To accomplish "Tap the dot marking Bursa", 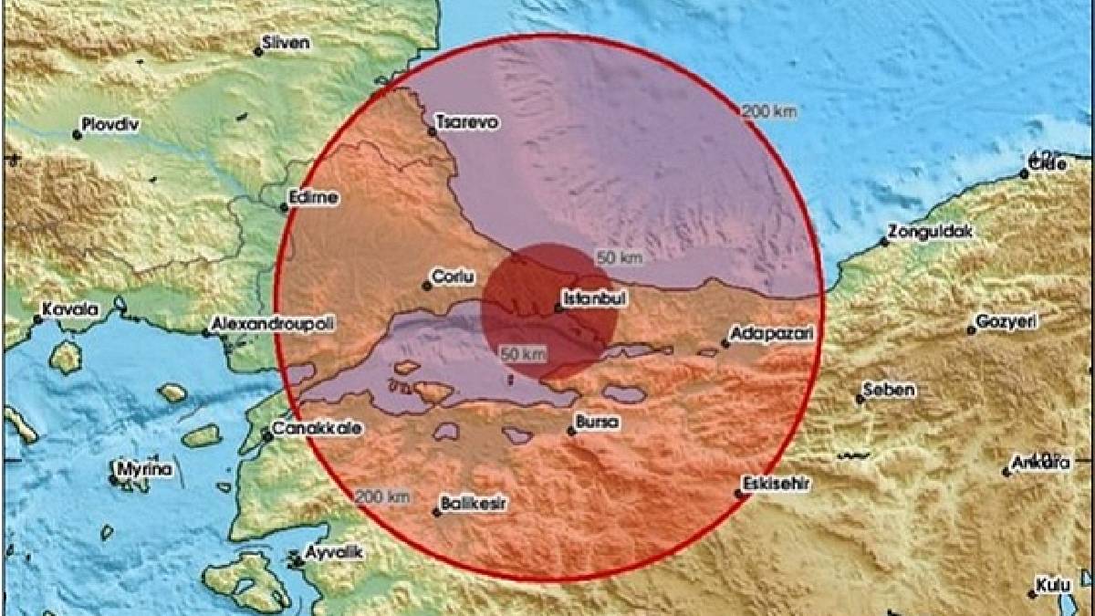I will [571, 432].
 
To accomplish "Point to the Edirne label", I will [313, 197].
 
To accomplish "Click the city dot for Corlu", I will [426, 286].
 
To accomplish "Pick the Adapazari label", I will [772, 334].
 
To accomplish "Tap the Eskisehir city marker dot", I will [738, 495].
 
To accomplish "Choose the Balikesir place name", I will [474, 503].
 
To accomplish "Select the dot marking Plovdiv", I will [78, 135].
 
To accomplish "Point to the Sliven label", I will [287, 43].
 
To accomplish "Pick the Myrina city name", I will [145, 470].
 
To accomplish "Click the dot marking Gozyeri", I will [972, 330].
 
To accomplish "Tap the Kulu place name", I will [1051, 584].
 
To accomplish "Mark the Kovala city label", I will [71, 310].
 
